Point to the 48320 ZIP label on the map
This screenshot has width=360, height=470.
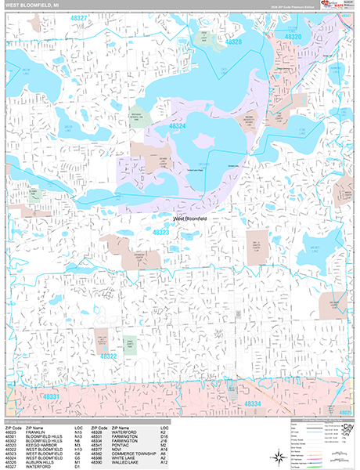point(292,37)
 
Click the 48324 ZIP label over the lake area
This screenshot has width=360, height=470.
point(177,125)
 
